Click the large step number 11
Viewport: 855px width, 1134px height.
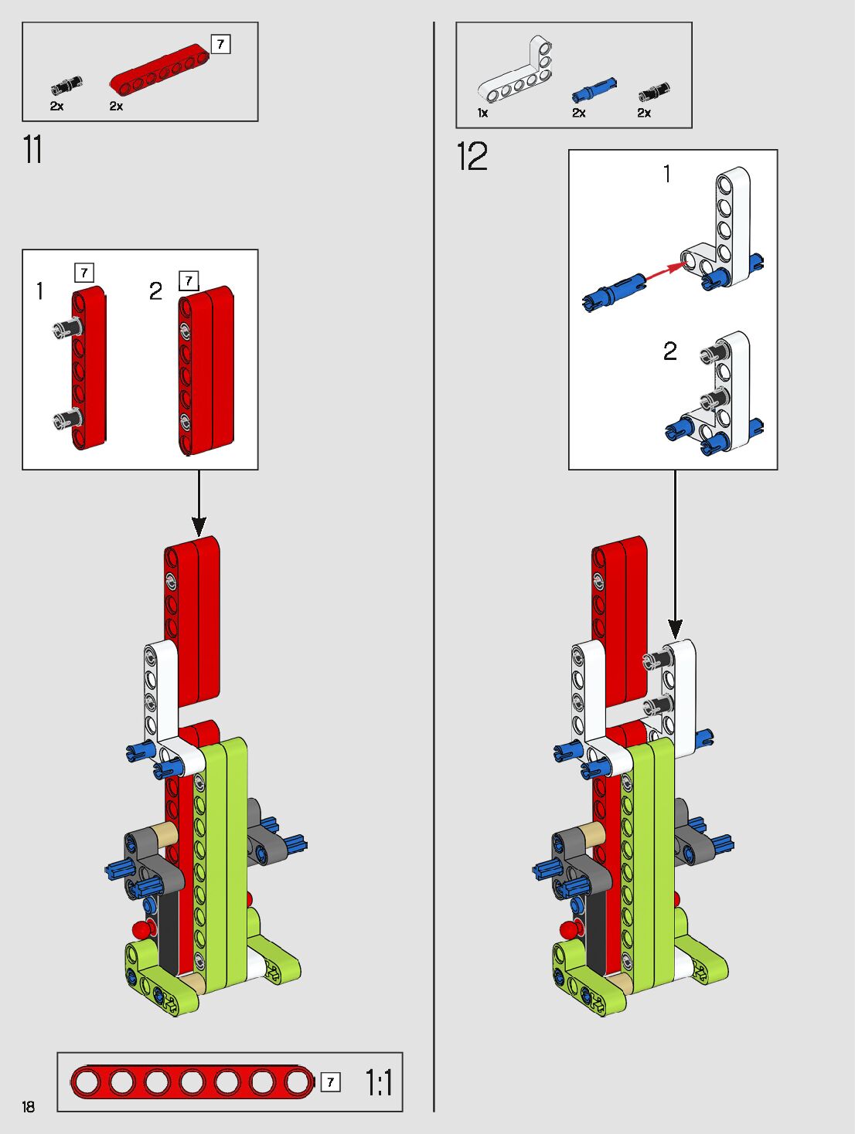coord(32,150)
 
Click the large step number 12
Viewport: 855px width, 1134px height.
coord(472,157)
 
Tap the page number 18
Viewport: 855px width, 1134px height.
coord(29,1106)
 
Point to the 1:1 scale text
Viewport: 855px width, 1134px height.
coord(379,1082)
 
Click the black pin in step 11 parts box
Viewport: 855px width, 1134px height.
coord(66,86)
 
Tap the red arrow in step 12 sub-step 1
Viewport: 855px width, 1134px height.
coord(665,271)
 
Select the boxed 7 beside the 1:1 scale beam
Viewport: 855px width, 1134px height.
coord(330,1082)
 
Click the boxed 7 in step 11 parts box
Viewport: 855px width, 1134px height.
coord(220,44)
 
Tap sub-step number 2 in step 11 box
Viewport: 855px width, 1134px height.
coord(155,290)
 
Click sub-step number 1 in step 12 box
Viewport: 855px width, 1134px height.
coord(666,175)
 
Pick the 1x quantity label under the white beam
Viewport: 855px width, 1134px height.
coord(483,114)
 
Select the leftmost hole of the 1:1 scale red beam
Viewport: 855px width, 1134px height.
coord(87,1082)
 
